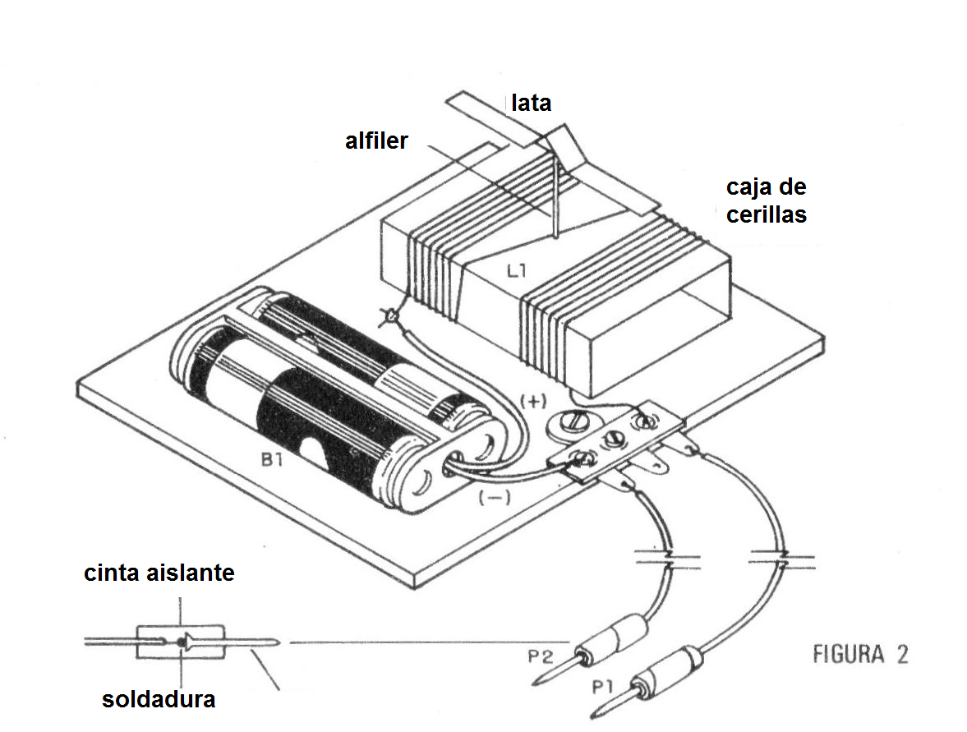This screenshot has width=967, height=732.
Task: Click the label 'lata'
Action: pyautogui.click(x=531, y=104)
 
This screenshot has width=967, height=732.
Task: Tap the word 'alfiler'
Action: pyautogui.click(x=376, y=140)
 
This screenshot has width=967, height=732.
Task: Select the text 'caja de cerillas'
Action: pyautogui.click(x=766, y=200)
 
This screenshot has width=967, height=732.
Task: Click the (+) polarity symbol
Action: pyautogui.click(x=532, y=401)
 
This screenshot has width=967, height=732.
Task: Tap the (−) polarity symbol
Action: pyautogui.click(x=494, y=495)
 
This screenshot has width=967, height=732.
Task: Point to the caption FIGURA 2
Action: pyautogui.click(x=860, y=655)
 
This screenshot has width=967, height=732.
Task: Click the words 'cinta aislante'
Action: pyautogui.click(x=159, y=573)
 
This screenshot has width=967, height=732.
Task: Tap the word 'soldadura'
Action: pyautogui.click(x=159, y=699)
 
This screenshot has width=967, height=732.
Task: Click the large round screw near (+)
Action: pyautogui.click(x=567, y=422)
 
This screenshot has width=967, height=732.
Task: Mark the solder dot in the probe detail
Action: pyautogui.click(x=179, y=641)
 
